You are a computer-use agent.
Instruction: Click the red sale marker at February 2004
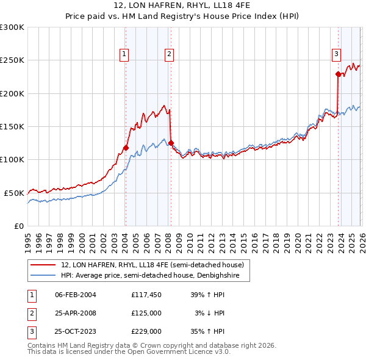[x=126, y=148]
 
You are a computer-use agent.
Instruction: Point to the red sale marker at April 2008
[x=171, y=143]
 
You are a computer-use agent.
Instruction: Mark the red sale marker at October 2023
[x=338, y=74]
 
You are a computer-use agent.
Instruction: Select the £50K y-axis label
[x=15, y=193]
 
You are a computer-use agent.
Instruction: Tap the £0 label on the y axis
[x=19, y=226]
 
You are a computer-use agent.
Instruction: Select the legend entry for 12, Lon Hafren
[x=152, y=265]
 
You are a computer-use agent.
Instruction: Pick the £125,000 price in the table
[x=146, y=313]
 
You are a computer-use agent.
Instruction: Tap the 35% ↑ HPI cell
[x=208, y=332]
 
